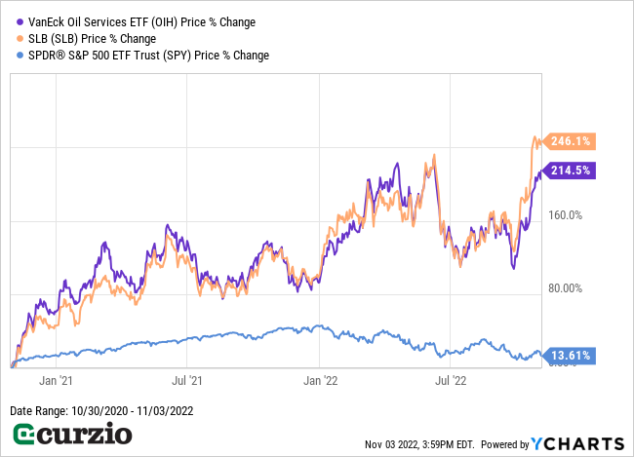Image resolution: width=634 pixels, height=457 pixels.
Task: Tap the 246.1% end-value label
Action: tap(571, 141)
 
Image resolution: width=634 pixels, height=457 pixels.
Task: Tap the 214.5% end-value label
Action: tap(571, 170)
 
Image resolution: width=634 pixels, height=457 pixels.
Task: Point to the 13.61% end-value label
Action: tap(571, 356)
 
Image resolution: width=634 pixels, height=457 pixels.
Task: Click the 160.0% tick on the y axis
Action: tap(563, 215)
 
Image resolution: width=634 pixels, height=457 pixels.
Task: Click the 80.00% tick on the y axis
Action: tap(563, 288)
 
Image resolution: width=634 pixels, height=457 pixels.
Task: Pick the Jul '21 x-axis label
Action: tap(185, 380)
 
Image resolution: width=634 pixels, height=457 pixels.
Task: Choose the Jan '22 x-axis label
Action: tap(322, 380)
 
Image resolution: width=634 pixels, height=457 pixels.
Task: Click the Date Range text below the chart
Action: tap(101, 410)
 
